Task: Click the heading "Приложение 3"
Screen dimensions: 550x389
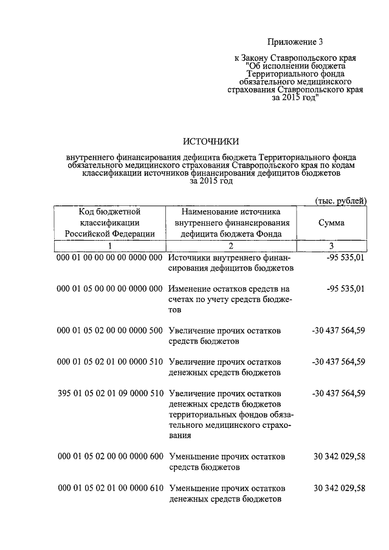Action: [295, 42]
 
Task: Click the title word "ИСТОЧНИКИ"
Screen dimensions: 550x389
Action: [210, 142]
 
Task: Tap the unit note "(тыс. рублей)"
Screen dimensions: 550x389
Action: [340, 201]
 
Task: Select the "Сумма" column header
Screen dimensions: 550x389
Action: [331, 222]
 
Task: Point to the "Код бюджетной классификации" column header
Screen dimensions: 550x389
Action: [109, 222]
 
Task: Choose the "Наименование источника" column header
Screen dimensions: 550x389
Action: [230, 222]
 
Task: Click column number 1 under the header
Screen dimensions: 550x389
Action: [109, 246]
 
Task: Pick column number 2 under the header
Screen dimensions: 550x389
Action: [231, 246]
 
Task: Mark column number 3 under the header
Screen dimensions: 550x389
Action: [331, 246]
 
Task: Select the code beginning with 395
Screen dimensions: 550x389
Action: [109, 393]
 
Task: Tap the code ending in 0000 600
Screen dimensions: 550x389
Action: [109, 456]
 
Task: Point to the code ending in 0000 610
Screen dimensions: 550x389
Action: [109, 488]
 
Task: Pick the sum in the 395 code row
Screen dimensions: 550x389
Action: [338, 393]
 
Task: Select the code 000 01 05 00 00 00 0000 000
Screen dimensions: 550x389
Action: [109, 288]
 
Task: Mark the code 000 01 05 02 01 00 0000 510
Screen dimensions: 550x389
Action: [109, 362]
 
